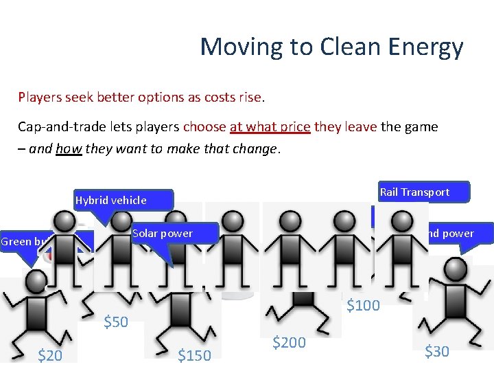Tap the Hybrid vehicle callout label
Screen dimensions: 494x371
[x=110, y=200]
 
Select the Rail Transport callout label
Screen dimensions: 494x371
[x=414, y=192]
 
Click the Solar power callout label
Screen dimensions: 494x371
[x=163, y=234]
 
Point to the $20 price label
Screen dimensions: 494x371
[x=50, y=355]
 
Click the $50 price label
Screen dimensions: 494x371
[x=115, y=322]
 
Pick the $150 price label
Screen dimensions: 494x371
[x=194, y=355]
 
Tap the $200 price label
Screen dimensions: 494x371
[x=289, y=341]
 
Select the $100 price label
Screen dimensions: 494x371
[x=362, y=305]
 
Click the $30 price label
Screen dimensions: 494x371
[x=436, y=352]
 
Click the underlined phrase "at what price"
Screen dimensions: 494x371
[x=270, y=127]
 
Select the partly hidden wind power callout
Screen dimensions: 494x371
[x=449, y=234]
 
